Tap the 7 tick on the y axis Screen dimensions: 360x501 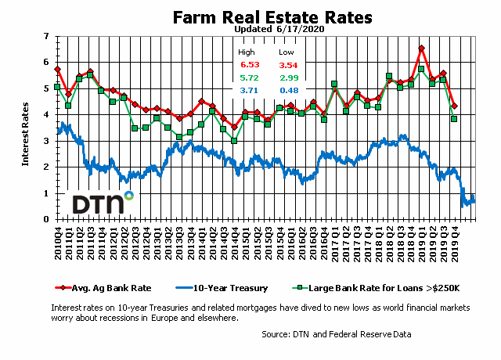coord(45,37)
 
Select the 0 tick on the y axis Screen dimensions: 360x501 coord(45,219)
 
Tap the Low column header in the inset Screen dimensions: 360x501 coord(287,51)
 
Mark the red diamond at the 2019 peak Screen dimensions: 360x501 coord(421,49)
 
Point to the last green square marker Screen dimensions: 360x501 coord(454,118)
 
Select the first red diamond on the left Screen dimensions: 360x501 coord(57,70)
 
